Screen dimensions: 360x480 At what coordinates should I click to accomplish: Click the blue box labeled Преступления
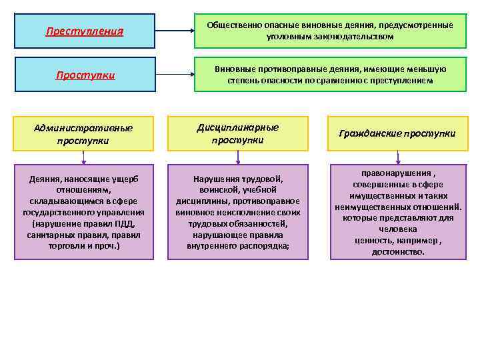click(85, 31)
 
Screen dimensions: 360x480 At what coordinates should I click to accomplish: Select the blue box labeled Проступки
click(85, 75)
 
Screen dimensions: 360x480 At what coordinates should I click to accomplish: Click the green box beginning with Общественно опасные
click(330, 31)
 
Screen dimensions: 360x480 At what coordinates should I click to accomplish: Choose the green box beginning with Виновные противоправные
click(330, 75)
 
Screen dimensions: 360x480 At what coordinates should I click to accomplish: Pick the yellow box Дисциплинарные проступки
click(238, 133)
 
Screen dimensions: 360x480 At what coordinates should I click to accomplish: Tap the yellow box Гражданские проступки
click(397, 133)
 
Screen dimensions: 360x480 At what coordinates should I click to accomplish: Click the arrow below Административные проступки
click(84, 157)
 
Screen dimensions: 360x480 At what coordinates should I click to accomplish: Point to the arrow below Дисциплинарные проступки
click(238, 157)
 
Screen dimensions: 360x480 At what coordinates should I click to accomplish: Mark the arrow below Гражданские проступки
click(398, 157)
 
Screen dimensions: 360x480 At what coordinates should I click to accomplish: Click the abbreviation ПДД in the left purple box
click(125, 224)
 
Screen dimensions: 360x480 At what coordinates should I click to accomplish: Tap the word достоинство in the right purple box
click(398, 252)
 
